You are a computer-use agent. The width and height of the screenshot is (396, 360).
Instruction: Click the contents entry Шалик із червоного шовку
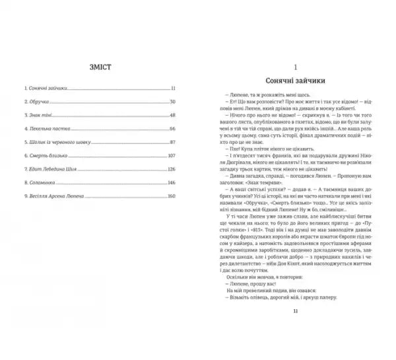pos(51,141)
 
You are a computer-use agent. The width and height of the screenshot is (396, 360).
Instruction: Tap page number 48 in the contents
pos(172,114)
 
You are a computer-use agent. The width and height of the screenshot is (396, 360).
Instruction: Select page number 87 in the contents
pos(172,141)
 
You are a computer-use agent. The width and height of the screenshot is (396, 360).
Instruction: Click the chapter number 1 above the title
pos(295,67)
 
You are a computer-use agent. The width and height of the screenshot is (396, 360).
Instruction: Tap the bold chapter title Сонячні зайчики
pos(295,80)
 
